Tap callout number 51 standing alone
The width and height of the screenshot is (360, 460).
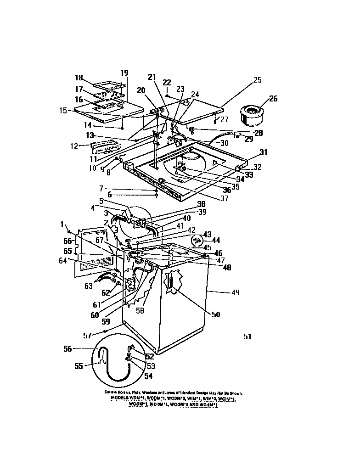click(x=247, y=337)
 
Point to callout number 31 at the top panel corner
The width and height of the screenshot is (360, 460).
click(x=263, y=153)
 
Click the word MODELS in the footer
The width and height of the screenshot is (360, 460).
click(x=122, y=399)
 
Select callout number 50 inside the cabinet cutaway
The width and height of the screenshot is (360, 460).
click(x=215, y=314)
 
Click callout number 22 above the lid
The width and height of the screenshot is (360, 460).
click(x=166, y=82)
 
